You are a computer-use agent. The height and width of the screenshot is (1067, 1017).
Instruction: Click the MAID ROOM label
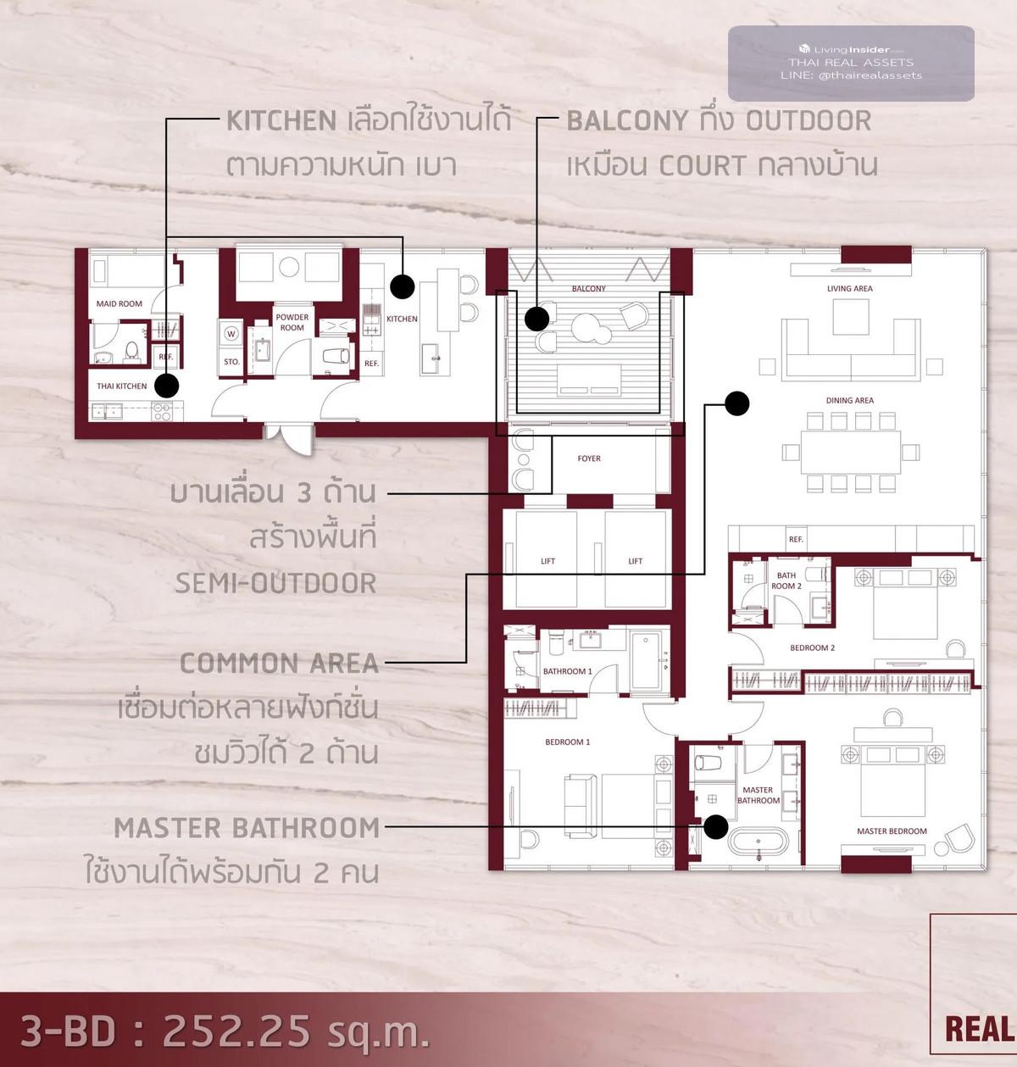pos(119,304)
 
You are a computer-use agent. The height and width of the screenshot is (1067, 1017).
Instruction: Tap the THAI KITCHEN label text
pos(121,386)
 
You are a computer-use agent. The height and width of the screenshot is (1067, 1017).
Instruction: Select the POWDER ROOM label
pos(292,322)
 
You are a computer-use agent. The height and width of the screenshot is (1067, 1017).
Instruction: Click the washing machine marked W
pos(231,333)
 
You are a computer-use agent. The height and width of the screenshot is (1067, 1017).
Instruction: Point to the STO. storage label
pos(231,362)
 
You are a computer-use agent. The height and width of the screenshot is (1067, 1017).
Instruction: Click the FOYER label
pos(589,458)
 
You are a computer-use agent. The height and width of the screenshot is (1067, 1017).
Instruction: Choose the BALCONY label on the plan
pos(589,289)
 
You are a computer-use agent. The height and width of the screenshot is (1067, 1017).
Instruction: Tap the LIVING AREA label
pos(850,289)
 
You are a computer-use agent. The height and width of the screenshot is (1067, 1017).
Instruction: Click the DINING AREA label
pos(850,401)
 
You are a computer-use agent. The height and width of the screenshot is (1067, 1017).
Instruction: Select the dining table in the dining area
pos(850,452)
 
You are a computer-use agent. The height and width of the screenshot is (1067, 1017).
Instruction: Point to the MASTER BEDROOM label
pos(892,831)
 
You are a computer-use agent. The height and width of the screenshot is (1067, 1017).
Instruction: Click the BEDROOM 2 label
pos(813,647)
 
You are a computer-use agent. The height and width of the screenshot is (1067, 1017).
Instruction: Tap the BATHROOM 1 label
pos(568,671)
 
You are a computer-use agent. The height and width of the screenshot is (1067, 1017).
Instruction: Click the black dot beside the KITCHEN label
pos(403,286)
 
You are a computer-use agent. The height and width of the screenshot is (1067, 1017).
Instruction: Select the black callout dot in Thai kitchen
pos(167,386)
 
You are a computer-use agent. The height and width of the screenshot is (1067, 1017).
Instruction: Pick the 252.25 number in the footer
pos(236,1031)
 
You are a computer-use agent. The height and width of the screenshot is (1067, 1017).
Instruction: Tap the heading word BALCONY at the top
pos(627,120)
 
